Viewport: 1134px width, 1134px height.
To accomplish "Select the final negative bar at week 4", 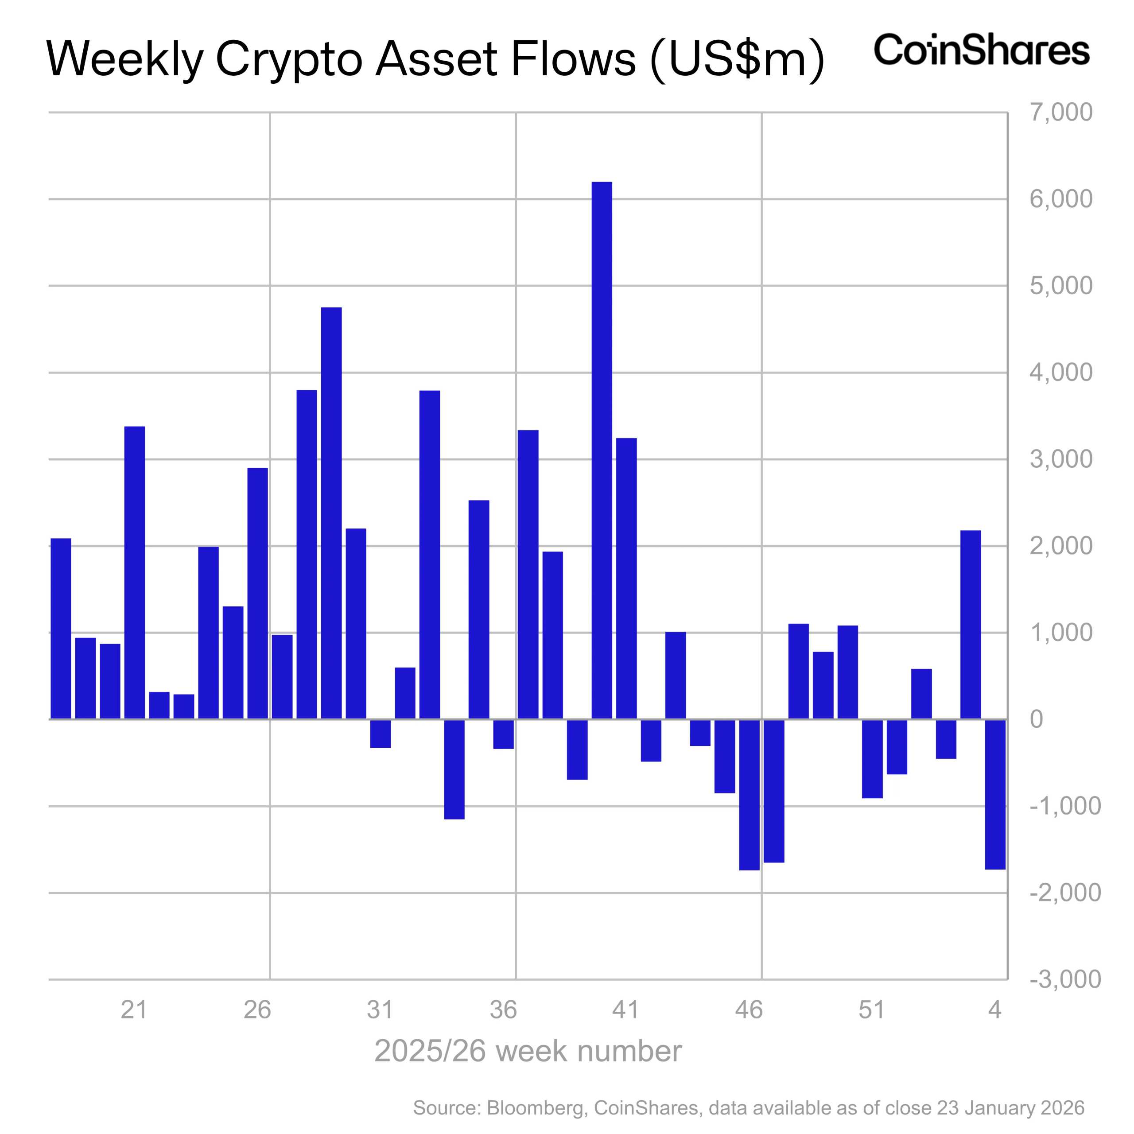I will pos(995,793).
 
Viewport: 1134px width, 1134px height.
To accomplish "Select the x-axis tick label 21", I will pos(134,1010).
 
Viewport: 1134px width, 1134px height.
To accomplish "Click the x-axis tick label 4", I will pos(994,1010).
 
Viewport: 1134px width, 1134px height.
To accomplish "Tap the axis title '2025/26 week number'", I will pos(528,1051).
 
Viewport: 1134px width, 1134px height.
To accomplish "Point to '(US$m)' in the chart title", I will pos(737,60).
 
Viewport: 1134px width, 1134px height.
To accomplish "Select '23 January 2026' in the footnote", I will pos(1010,1107).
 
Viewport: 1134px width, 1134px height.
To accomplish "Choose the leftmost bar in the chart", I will pos(61,628).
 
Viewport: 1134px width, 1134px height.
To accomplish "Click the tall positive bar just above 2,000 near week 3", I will pos(970,625).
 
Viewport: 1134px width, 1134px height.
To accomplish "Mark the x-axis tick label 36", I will pos(503,1010).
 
